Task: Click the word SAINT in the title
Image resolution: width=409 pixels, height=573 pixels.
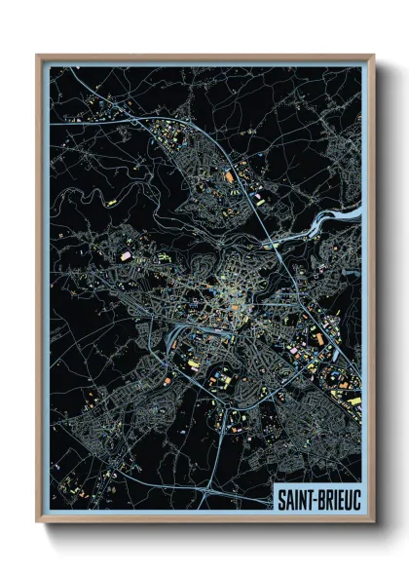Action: (294, 499)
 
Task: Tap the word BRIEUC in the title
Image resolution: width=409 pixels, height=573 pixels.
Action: (336, 499)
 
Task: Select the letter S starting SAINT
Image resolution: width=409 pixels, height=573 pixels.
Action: (279, 499)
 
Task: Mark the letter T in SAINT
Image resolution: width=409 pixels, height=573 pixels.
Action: (307, 499)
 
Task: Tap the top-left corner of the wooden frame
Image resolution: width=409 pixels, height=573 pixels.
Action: (37, 56)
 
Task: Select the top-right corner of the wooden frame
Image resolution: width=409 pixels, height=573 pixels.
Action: (373, 56)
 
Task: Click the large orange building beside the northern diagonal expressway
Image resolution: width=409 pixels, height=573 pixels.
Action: (230, 176)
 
